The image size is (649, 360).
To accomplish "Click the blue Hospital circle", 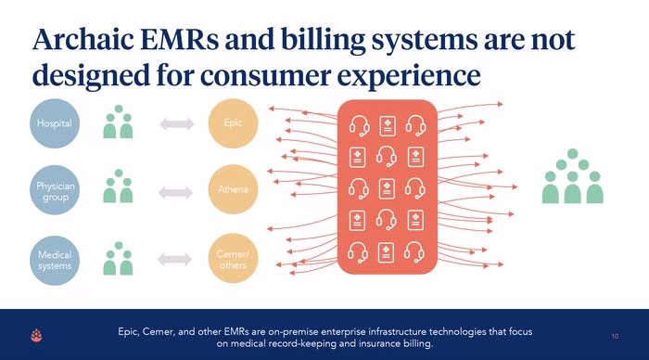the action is (55, 123).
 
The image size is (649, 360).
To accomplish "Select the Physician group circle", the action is (55, 190).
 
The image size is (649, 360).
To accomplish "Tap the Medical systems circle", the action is (55, 260).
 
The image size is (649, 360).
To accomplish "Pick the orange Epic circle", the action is (233, 123).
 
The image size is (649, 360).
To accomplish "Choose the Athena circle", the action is (233, 189).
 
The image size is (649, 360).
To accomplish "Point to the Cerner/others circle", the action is (233, 259).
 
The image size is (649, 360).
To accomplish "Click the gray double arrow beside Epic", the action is (177, 124).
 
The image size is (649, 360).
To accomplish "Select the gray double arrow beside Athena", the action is (175, 193).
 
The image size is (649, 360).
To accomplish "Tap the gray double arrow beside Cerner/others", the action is (174, 260).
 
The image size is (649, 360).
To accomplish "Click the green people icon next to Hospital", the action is (118, 122).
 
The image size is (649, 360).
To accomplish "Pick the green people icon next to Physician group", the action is (118, 186).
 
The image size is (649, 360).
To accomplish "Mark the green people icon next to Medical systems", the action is (118, 259).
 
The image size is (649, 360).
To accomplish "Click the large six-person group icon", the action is (572, 176).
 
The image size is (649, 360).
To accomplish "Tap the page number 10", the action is (615, 337).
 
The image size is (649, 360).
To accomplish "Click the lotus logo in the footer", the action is (36, 335).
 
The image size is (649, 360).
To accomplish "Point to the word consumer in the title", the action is (265, 76).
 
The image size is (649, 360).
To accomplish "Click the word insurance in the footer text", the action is (379, 343).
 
